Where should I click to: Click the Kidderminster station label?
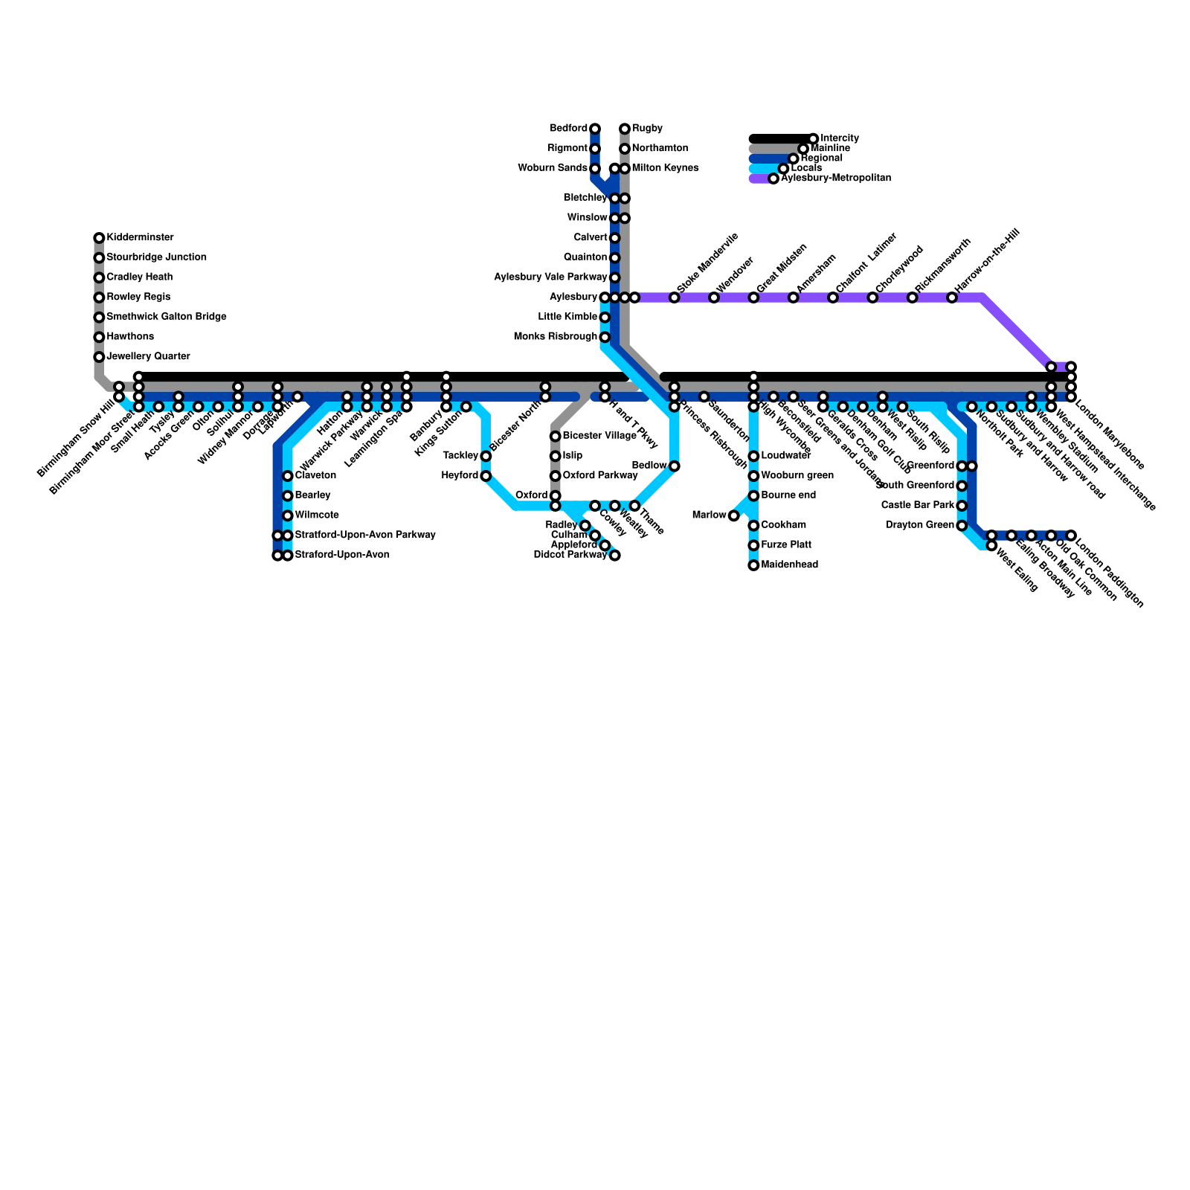pyautogui.click(x=140, y=238)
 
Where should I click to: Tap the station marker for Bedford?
pyautogui.click(x=595, y=129)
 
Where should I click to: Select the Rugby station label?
pyautogui.click(x=647, y=129)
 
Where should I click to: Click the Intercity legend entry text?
pyautogui.click(x=840, y=138)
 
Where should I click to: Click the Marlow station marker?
pyautogui.click(x=734, y=515)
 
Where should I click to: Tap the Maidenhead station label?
pyautogui.click(x=789, y=565)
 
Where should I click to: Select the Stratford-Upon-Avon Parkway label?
pyautogui.click(x=364, y=535)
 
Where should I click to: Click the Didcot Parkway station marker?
pyautogui.click(x=615, y=556)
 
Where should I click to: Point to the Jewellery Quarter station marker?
pyautogui.click(x=99, y=357)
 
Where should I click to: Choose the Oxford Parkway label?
pyautogui.click(x=599, y=475)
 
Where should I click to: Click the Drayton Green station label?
pyautogui.click(x=920, y=525)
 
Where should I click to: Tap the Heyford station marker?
pyautogui.click(x=486, y=476)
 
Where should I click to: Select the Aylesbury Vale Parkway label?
pyautogui.click(x=551, y=277)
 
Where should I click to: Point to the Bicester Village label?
pyautogui.click(x=599, y=436)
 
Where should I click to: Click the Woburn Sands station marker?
pyautogui.click(x=595, y=169)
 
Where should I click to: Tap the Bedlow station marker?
pyautogui.click(x=675, y=466)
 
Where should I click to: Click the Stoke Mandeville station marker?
pyautogui.click(x=675, y=297)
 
